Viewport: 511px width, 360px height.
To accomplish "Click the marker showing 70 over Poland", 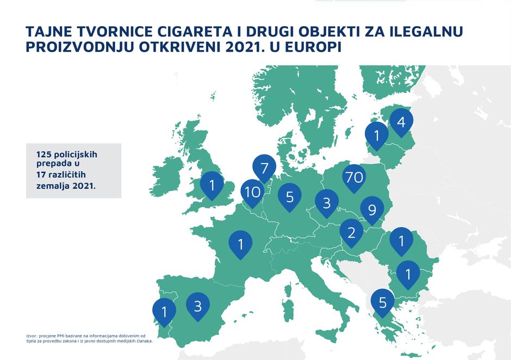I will (354, 177).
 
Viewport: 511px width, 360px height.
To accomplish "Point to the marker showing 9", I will (372, 209).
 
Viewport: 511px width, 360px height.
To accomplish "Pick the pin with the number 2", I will (351, 233).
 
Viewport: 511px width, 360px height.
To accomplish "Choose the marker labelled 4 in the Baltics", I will (401, 121).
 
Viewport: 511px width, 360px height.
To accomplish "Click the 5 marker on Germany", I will (290, 196).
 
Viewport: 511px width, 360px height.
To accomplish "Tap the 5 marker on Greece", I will (383, 302).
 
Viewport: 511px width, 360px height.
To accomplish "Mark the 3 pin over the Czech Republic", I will (327, 203).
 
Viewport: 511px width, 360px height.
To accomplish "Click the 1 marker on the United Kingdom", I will (212, 185).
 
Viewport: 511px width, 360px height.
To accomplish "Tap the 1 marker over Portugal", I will (164, 312).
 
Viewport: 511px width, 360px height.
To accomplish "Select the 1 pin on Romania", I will (401, 240).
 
